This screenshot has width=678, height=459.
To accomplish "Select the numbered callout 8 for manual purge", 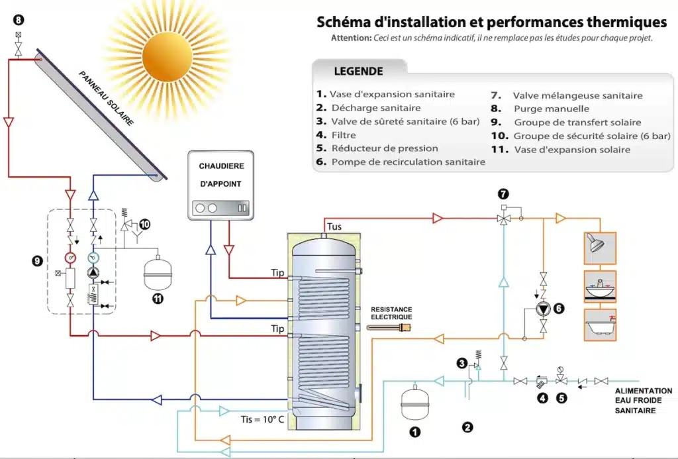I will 17,21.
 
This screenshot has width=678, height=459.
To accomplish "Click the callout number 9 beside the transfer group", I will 37,261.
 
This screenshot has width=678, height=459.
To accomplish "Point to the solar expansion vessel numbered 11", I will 158,273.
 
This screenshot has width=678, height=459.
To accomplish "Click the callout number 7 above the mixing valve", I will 504,194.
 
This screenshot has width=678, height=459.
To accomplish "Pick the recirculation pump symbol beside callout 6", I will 544,309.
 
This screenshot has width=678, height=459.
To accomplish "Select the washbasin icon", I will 599,287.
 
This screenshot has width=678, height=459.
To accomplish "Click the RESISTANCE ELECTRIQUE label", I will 391,313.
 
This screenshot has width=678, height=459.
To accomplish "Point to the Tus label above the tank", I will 335,227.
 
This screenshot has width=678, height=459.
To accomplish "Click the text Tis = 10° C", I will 263,420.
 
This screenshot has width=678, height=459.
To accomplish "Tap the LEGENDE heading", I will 358,71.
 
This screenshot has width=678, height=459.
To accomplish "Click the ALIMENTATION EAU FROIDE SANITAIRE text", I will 643,401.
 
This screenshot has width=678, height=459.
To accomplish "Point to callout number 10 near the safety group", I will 145,225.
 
